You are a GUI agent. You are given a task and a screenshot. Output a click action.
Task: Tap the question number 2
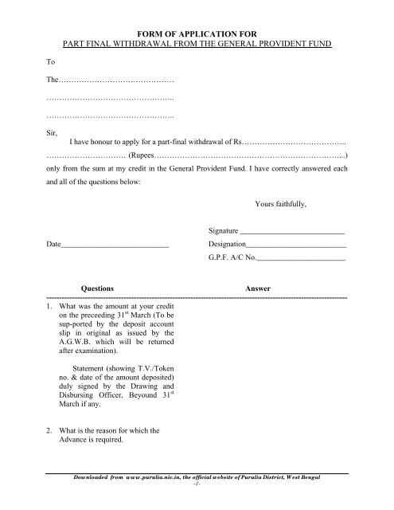coord(49,431)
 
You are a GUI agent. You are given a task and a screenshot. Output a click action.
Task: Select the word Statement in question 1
coord(91,369)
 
